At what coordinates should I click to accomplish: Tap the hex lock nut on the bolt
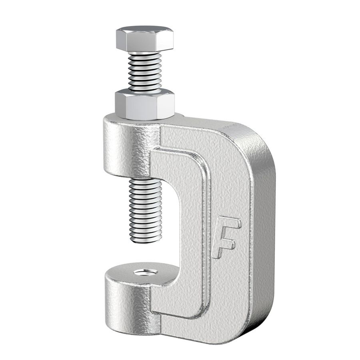145,105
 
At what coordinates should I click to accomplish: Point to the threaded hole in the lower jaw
146,272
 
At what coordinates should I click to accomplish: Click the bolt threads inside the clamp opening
146,208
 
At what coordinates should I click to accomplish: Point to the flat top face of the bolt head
145,30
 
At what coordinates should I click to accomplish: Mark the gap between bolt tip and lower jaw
146,256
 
